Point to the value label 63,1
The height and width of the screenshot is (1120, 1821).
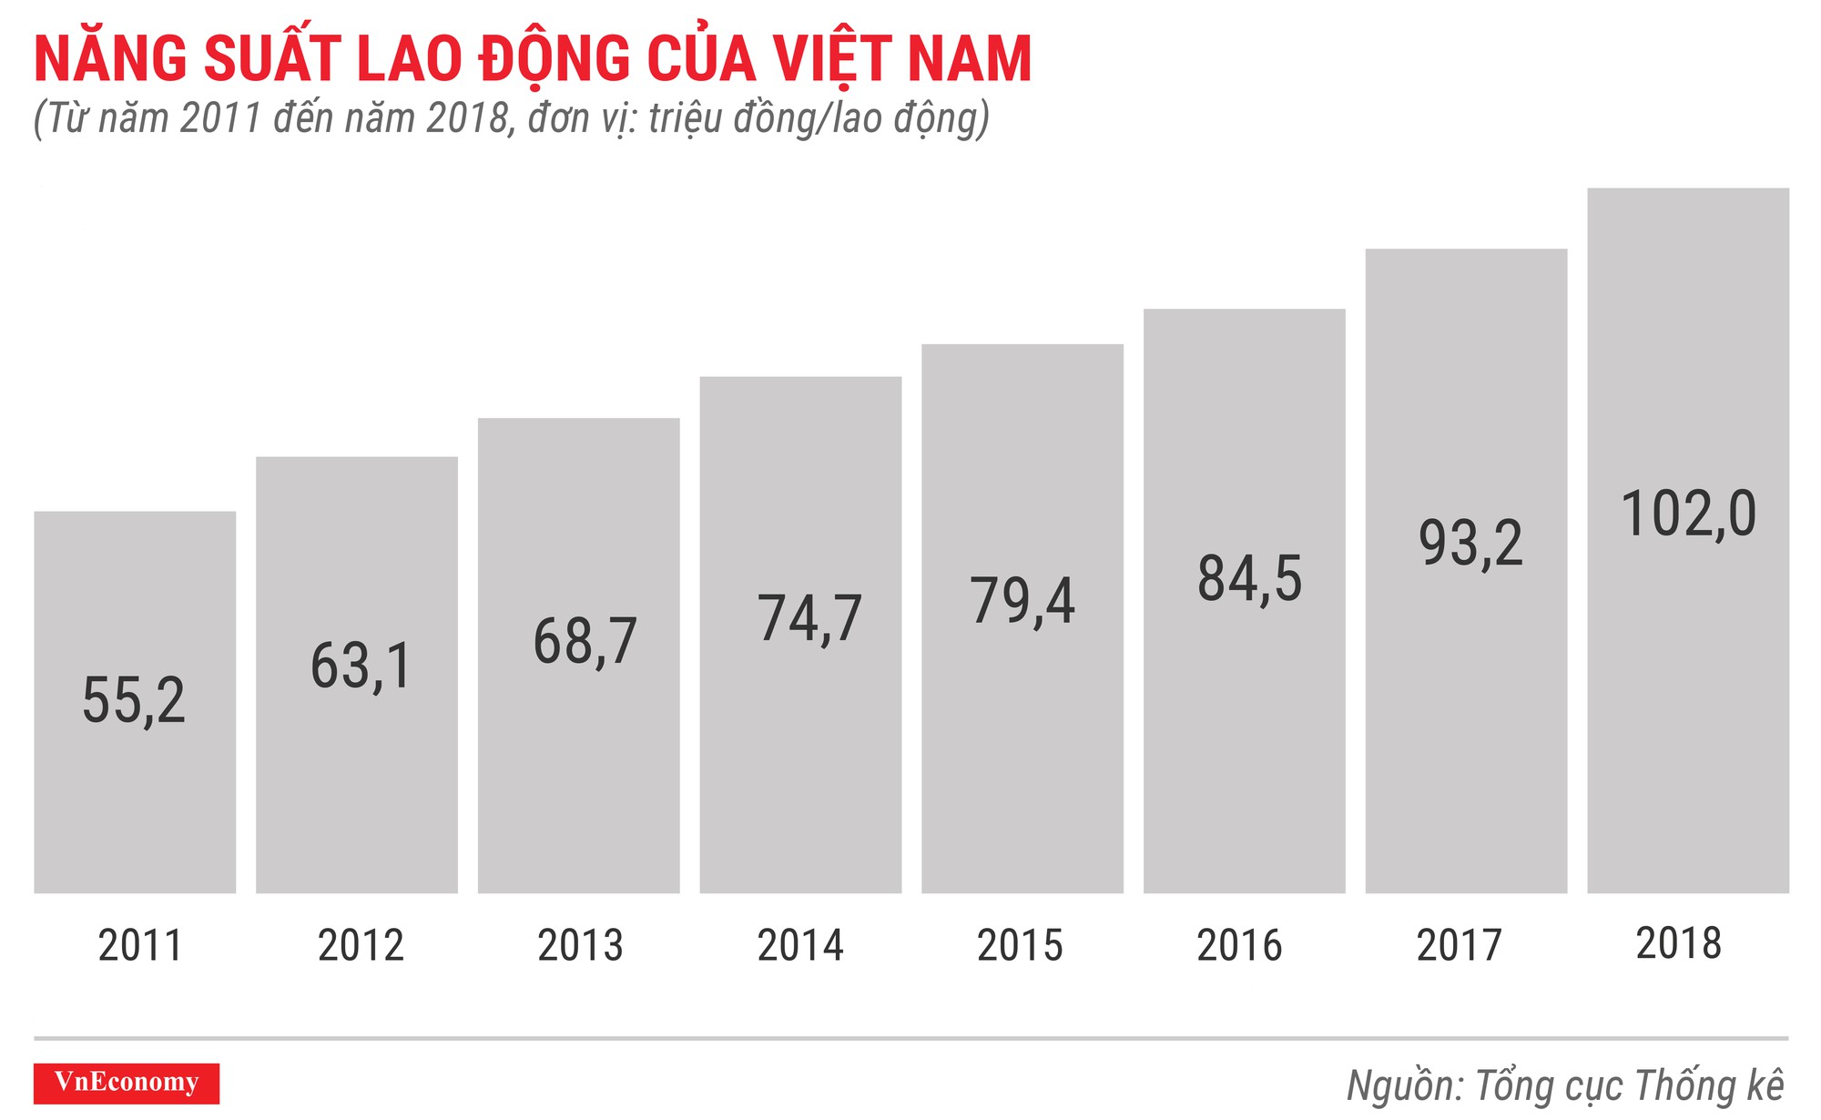point(361,666)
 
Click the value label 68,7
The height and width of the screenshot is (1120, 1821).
point(584,641)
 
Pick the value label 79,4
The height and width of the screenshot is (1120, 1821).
point(1022,601)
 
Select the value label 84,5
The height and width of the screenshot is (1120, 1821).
point(1249,579)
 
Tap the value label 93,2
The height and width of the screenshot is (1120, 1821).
point(1470,544)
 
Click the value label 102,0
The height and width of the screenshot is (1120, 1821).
point(1688,514)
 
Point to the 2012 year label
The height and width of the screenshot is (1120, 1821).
point(361,945)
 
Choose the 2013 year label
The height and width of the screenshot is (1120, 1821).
point(580,945)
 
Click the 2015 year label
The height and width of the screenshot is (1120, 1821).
point(1020,945)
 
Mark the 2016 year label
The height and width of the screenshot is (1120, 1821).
point(1239,945)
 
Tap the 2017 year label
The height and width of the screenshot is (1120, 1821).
point(1459,945)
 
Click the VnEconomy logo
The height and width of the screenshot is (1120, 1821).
point(127,1083)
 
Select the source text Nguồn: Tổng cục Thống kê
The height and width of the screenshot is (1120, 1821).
point(1565,1086)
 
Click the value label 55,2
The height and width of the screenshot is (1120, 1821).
point(133,701)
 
